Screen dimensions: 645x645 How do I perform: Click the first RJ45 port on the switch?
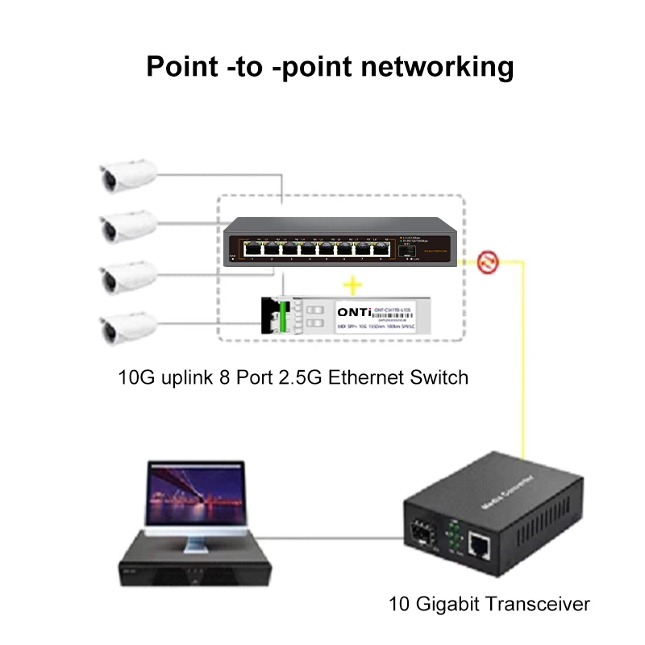point(239,251)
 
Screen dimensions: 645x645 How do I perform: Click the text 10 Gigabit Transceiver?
point(489,603)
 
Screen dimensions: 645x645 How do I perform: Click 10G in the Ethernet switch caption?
point(135,377)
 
